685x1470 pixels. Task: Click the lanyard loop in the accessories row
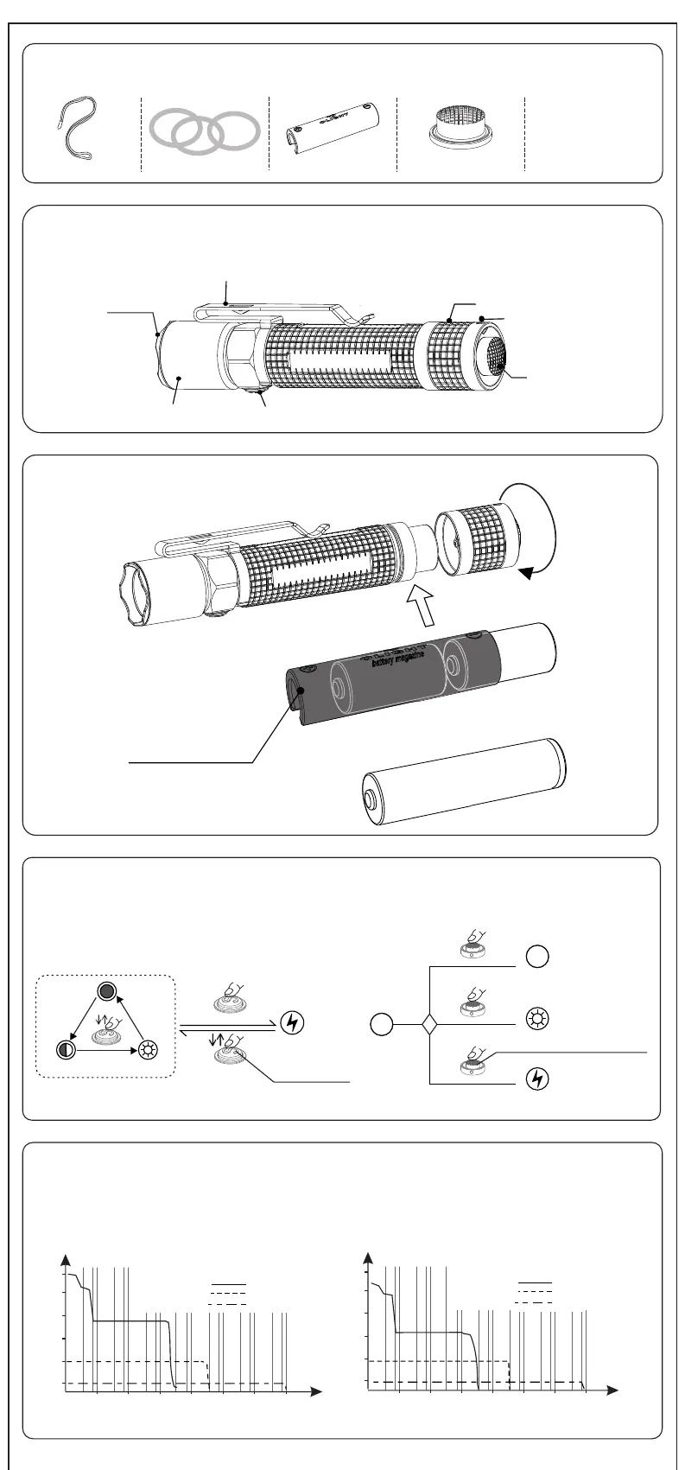(x=75, y=130)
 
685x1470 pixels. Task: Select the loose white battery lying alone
(x=465, y=780)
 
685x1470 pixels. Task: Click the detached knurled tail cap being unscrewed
(x=477, y=543)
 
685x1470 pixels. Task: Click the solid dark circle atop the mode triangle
(x=106, y=991)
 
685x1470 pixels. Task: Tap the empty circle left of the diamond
(x=381, y=1026)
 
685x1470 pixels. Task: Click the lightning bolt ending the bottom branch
(x=536, y=1079)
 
